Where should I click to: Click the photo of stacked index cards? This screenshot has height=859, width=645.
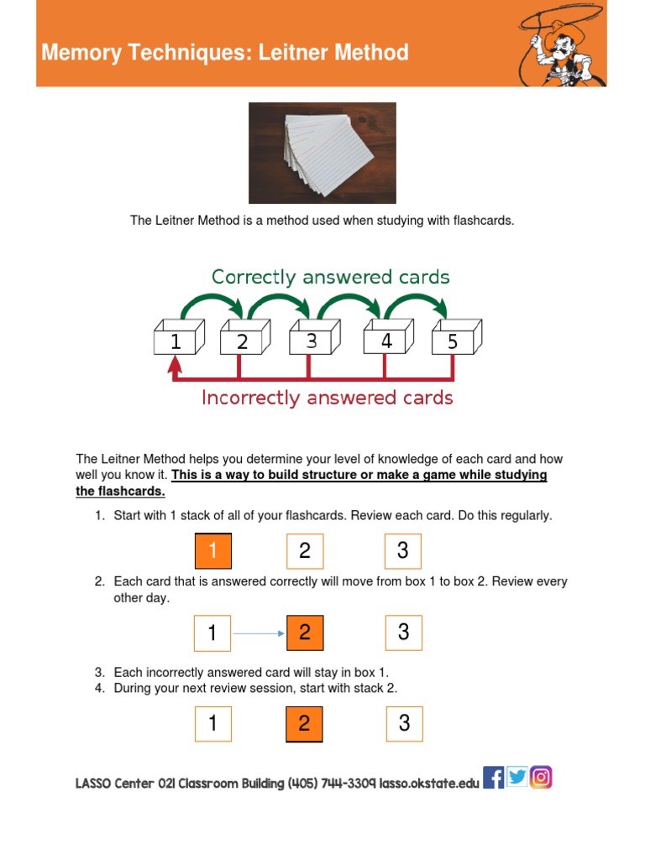(322, 153)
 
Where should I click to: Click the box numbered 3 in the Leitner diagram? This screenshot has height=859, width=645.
(313, 340)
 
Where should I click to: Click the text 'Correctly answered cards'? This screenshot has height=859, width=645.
(330, 277)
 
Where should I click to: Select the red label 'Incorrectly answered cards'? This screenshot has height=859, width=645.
(327, 398)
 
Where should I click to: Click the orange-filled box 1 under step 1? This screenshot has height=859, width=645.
(212, 551)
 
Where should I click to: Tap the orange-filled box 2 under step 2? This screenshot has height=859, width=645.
(305, 633)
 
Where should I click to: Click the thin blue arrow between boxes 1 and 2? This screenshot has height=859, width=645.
(259, 633)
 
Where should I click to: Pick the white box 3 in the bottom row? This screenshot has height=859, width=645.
(404, 723)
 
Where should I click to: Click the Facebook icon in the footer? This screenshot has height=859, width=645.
(494, 778)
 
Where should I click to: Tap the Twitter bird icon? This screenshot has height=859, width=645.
(517, 778)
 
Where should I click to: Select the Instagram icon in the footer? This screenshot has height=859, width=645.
(542, 778)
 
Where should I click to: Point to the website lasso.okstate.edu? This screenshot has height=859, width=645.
(429, 784)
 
